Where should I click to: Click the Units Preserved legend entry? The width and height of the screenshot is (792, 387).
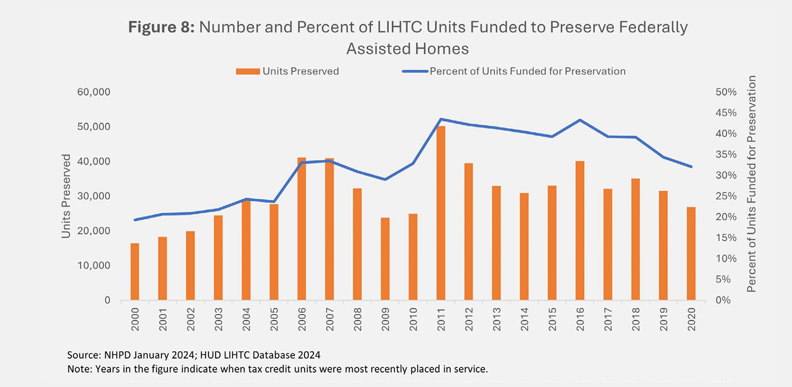(x=287, y=71)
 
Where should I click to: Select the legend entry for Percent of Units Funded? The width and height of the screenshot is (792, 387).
(x=514, y=71)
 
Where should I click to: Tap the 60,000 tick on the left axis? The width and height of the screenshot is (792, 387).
(x=94, y=93)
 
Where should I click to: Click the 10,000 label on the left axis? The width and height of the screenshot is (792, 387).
(x=94, y=265)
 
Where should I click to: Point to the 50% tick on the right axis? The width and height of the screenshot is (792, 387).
(x=726, y=93)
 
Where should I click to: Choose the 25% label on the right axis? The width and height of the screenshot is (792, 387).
(x=726, y=196)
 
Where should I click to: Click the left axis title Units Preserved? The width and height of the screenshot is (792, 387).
(x=66, y=196)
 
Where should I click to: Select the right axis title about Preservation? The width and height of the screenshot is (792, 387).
(x=752, y=184)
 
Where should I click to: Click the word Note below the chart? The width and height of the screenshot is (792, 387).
(x=77, y=369)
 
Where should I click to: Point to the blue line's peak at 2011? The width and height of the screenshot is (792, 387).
(x=441, y=119)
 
